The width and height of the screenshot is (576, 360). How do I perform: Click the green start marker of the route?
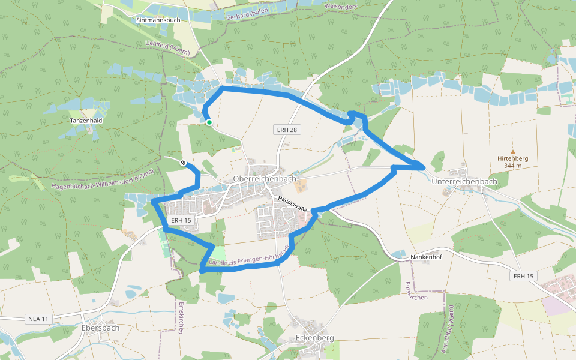point(209,123)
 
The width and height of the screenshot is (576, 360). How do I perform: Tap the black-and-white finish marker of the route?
point(182,163)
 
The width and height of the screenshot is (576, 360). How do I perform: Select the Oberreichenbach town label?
point(265,179)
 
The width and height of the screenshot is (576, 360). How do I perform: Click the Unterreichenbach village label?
point(464,181)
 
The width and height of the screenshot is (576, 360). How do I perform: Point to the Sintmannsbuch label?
point(158,20)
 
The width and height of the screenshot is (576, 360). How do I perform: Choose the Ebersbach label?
point(100,328)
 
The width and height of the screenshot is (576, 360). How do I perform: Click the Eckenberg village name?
point(315,338)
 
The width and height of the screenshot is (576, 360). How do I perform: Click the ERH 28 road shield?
point(286,130)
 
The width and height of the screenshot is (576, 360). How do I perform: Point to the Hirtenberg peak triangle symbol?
point(512,152)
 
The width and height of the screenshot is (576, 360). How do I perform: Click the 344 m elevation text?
point(512,166)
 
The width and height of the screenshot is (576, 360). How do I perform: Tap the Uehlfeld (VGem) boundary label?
point(167,49)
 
